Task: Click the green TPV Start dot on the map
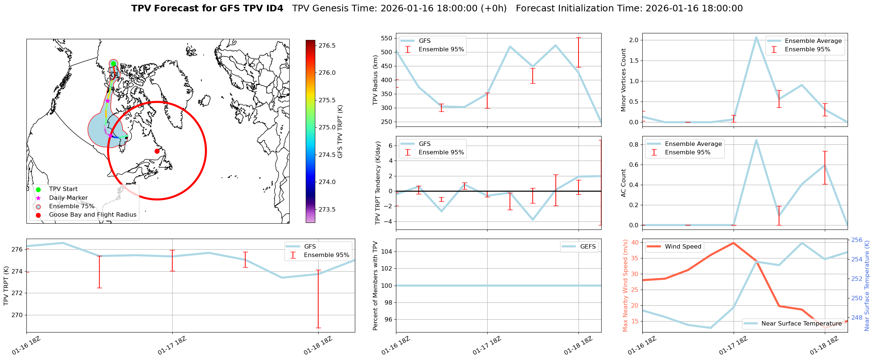click(x=113, y=63)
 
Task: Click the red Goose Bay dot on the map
click(x=157, y=151)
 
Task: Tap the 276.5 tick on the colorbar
click(x=327, y=45)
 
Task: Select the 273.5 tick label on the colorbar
click(x=327, y=209)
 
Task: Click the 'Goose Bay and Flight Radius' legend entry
click(x=92, y=215)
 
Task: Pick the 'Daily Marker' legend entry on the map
click(x=68, y=198)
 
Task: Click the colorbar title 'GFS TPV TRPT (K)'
click(x=340, y=131)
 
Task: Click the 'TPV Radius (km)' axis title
click(x=375, y=80)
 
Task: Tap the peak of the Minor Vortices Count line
click(x=756, y=37)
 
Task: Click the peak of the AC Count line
click(x=756, y=140)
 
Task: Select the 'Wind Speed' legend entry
click(x=683, y=247)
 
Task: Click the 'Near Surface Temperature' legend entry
click(x=801, y=324)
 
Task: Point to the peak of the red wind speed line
click(x=733, y=243)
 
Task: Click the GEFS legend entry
click(x=588, y=247)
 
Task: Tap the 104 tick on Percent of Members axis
click(x=388, y=251)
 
